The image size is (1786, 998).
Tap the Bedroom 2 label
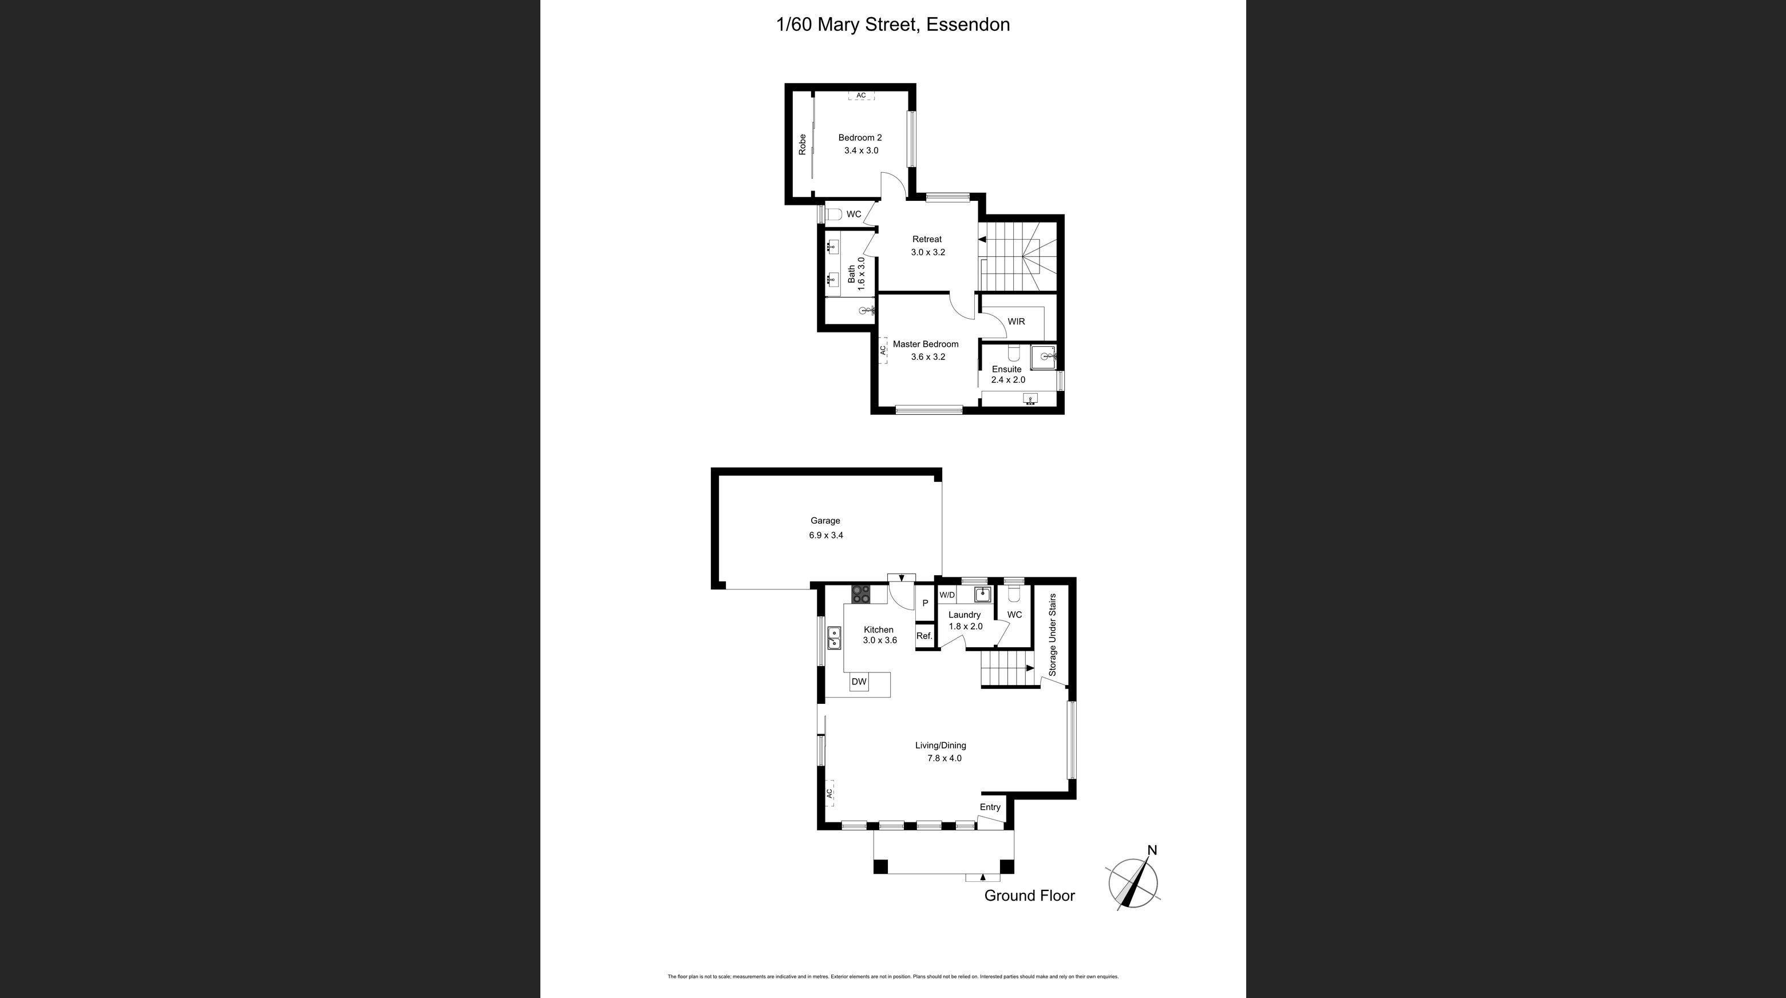(x=860, y=137)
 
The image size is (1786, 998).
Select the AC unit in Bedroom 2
(x=861, y=96)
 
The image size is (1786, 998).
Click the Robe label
(x=802, y=144)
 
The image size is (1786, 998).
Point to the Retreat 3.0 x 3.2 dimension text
(x=928, y=252)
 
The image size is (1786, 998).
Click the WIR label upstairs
(x=1016, y=322)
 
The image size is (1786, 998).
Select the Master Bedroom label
(x=925, y=344)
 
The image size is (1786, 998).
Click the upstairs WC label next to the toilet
(x=854, y=214)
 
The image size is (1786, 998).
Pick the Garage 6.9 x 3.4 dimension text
(x=826, y=535)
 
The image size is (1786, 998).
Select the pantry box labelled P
(x=925, y=604)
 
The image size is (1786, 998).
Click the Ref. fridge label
(x=924, y=636)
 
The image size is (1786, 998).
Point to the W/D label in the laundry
(x=947, y=595)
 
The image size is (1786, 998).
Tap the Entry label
(x=990, y=807)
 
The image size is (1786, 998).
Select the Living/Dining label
(x=940, y=745)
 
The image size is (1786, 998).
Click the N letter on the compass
(x=1152, y=850)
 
